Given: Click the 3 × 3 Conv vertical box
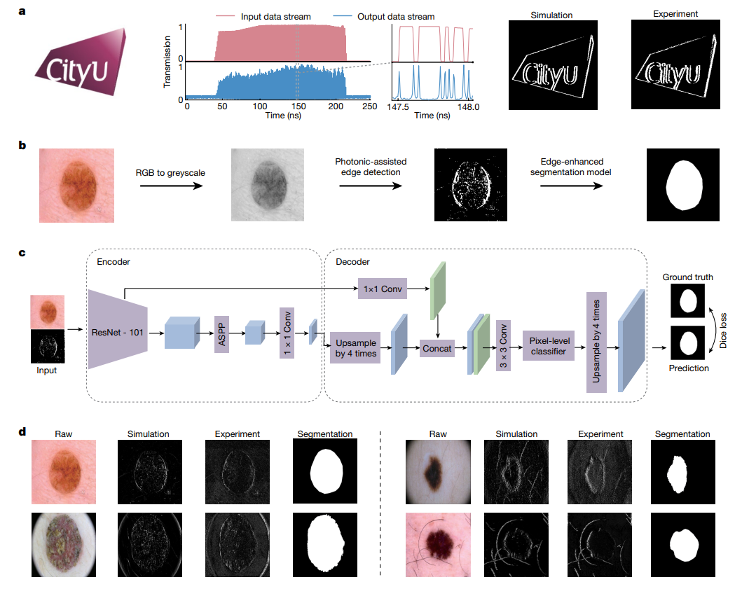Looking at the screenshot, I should pyautogui.click(x=503, y=346).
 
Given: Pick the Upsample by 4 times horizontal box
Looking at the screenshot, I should pyautogui.click(x=355, y=348).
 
